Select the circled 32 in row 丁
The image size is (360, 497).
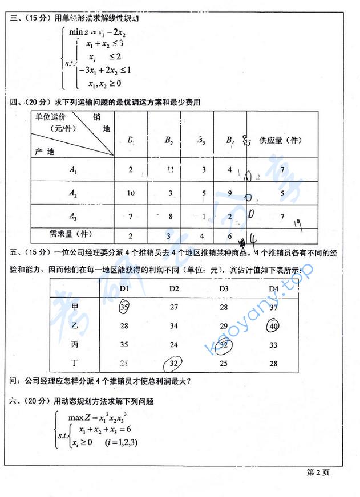175,362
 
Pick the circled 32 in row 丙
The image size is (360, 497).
224,344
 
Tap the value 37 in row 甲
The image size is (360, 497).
273,307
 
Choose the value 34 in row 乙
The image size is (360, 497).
175,325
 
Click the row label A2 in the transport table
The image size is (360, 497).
73,194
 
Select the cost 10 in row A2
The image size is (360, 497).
131,194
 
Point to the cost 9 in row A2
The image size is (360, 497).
229,194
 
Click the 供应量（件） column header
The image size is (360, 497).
280,140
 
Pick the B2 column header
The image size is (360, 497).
169,140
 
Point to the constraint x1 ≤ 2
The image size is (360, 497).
105,56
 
